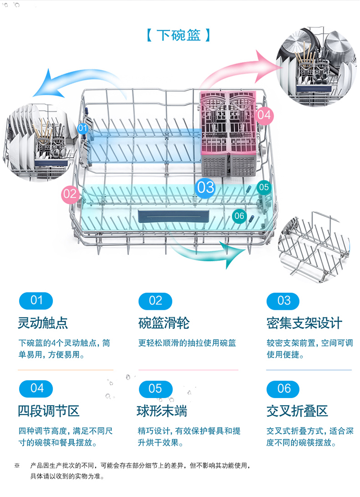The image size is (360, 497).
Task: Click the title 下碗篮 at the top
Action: [x=179, y=35]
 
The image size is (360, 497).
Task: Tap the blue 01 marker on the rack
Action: [x=83, y=128]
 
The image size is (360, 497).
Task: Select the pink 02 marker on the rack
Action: [x=70, y=194]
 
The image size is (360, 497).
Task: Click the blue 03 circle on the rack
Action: [x=205, y=187]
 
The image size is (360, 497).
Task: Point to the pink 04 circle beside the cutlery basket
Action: [x=264, y=115]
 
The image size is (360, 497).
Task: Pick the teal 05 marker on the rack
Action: [x=264, y=187]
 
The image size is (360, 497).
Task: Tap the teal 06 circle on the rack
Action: [x=239, y=216]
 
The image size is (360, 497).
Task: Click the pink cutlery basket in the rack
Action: [x=228, y=133]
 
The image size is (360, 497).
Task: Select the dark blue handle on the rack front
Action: [x=173, y=217]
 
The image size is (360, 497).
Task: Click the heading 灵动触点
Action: [x=43, y=323]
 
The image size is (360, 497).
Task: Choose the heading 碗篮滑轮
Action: [x=164, y=323]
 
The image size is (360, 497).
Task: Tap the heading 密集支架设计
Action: [x=304, y=323]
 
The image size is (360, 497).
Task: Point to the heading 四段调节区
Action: [x=48, y=411]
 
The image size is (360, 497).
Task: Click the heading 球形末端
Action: [x=162, y=411]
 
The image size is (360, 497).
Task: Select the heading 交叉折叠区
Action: [x=297, y=411]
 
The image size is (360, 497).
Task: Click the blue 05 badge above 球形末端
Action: [x=156, y=388]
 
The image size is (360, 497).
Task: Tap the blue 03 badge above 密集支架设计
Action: [x=283, y=301]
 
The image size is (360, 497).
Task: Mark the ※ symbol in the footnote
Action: [x=17, y=465]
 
